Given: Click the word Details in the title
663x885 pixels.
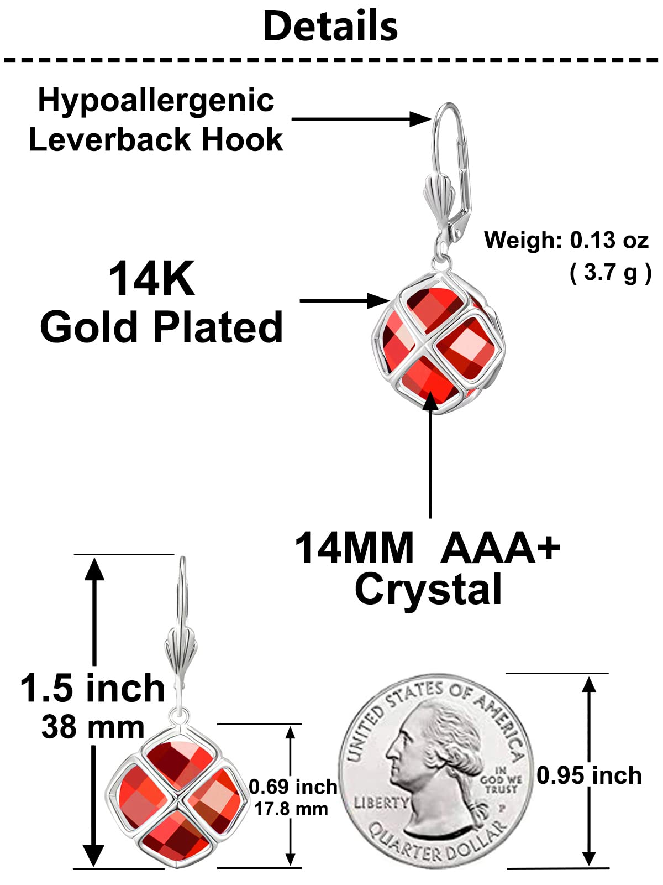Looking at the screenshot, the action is click(330, 26).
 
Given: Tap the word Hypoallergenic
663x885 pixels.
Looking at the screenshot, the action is click(156, 101).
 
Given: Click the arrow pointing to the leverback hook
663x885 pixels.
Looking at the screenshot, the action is click(361, 119).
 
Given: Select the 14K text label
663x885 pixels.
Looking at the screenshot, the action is click(152, 279).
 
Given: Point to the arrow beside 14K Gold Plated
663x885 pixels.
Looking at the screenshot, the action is click(345, 301).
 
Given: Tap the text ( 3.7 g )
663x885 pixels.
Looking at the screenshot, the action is click(611, 273).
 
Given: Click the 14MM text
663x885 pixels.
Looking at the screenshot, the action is click(354, 548).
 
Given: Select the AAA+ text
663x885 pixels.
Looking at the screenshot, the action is click(500, 548).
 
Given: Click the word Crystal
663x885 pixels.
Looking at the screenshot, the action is click(428, 590).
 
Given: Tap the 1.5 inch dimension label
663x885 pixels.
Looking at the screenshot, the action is click(93, 688).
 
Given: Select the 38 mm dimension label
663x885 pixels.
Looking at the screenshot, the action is click(93, 727).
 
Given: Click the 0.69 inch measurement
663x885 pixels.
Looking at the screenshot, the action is click(293, 787).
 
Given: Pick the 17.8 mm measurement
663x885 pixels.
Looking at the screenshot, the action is click(291, 809).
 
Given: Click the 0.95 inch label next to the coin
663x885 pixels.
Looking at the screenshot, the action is click(589, 775).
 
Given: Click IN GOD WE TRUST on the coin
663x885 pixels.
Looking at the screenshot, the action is click(501, 780).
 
